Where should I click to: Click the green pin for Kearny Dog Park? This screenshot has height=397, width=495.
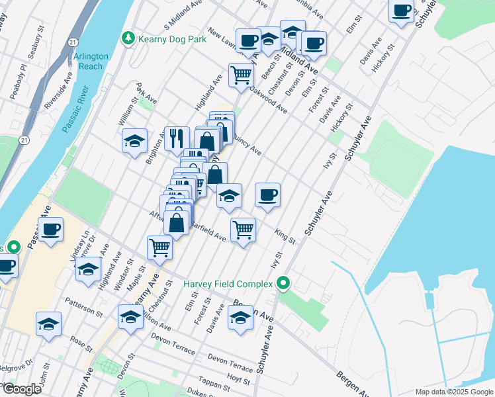(129, 39)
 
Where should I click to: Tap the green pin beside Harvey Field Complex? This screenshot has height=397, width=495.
(284, 284)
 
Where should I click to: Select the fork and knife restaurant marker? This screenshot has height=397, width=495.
(176, 139)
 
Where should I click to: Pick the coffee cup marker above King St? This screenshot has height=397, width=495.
(267, 195)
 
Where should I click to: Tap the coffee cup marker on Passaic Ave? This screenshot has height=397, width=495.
(51, 230)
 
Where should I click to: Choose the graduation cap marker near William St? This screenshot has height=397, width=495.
(134, 141)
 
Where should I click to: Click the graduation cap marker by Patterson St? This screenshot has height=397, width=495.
(48, 324)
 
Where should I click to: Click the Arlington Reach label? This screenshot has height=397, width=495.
(88, 62)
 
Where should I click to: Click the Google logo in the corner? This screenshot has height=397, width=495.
(21, 388)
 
